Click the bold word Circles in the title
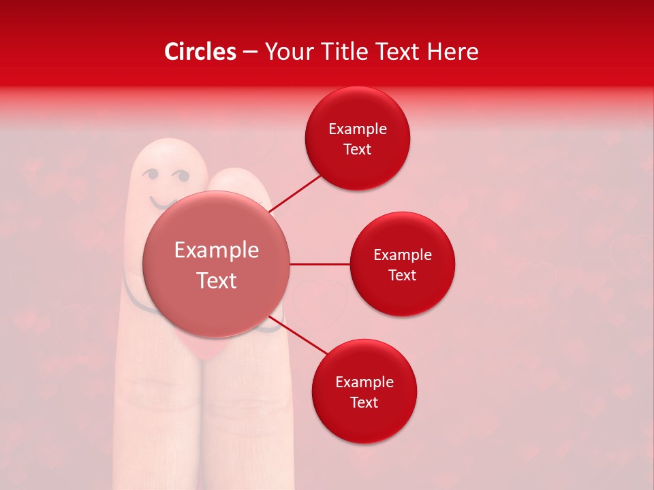(200, 52)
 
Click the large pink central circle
(217, 264)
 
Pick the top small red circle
(358, 139)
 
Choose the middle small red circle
(403, 264)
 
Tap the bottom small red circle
(364, 391)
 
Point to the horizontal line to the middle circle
(320, 264)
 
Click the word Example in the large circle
(217, 250)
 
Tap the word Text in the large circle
(217, 280)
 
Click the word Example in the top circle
(358, 129)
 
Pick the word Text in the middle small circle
(403, 275)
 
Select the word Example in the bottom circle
(364, 382)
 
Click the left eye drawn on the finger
(151, 176)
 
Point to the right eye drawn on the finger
(181, 176)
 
